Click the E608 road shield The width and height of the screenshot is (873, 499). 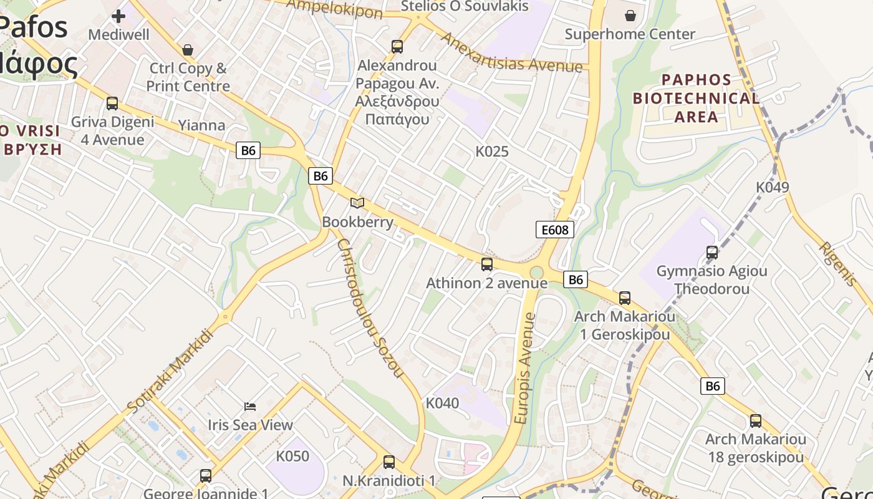click(x=554, y=230)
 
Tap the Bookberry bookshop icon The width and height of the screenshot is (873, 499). click(x=357, y=203)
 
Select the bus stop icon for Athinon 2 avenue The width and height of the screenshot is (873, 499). click(x=487, y=264)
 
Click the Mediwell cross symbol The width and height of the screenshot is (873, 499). click(x=118, y=16)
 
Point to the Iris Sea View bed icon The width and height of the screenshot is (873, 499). click(x=250, y=407)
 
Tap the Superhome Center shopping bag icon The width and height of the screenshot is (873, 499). click(x=630, y=16)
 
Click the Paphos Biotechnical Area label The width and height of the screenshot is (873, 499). click(x=696, y=98)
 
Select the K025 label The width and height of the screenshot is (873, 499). click(x=492, y=152)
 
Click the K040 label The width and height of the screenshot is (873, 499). click(x=442, y=403)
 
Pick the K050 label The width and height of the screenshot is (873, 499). click(x=292, y=457)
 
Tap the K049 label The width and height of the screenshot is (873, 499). click(x=772, y=187)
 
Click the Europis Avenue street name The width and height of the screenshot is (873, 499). click(x=525, y=368)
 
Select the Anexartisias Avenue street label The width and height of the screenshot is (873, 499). click(x=511, y=52)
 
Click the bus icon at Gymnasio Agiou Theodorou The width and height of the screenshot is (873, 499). click(x=712, y=253)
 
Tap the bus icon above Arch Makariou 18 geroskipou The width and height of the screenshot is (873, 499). click(x=756, y=421)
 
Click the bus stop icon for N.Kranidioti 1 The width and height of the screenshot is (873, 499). click(x=389, y=462)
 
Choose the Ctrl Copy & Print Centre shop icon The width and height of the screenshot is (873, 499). click(x=188, y=50)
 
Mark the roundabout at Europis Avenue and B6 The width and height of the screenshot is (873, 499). click(x=536, y=273)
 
